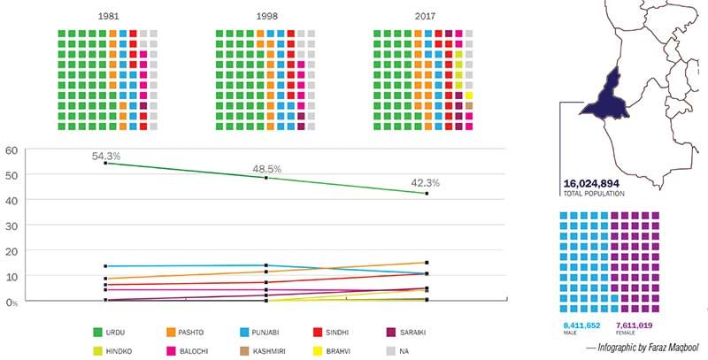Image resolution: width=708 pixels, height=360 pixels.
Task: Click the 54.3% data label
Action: [106, 156]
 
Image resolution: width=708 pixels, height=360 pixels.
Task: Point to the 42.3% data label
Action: [426, 183]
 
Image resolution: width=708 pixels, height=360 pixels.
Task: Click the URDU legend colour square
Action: [99, 332]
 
